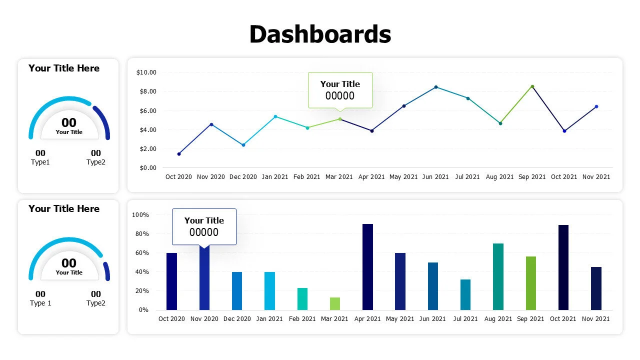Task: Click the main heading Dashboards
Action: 320,34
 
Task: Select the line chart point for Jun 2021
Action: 436,87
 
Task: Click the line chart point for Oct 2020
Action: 179,154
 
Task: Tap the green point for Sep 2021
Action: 532,86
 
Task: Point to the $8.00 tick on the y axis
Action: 146,91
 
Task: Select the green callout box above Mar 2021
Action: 340,89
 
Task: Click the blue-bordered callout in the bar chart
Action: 204,226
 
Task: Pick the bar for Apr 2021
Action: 367,267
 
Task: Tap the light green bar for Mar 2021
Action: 335,303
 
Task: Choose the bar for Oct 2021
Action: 563,267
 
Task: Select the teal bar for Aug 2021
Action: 498,276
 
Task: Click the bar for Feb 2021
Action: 302,299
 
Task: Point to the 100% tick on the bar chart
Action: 140,215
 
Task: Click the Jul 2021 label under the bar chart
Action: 465,319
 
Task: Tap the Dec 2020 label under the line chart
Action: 243,177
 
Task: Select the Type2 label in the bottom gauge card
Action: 96,303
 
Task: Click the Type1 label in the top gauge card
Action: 40,162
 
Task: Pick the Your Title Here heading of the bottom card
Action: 64,209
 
